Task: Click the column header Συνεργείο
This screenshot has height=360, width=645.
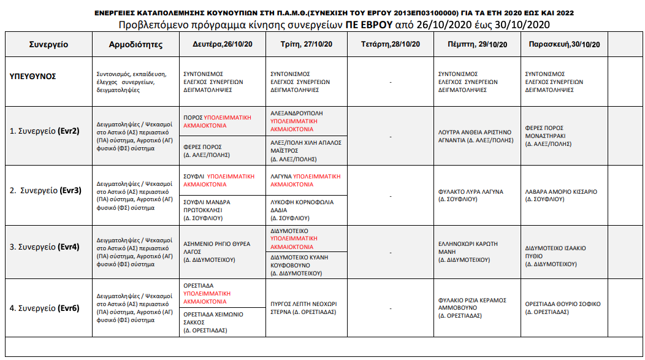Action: click(x=48, y=45)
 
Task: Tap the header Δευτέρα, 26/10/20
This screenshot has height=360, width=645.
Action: click(x=223, y=44)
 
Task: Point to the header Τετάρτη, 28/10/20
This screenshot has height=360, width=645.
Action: click(x=390, y=44)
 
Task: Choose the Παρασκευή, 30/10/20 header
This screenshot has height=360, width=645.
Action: click(x=563, y=44)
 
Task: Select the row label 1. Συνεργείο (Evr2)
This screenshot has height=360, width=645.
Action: click(x=45, y=131)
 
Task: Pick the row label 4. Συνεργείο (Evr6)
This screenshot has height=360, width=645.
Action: click(x=45, y=308)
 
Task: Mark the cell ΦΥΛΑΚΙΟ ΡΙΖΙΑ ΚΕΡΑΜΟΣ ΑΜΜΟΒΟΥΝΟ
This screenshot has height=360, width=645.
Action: click(x=473, y=308)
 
